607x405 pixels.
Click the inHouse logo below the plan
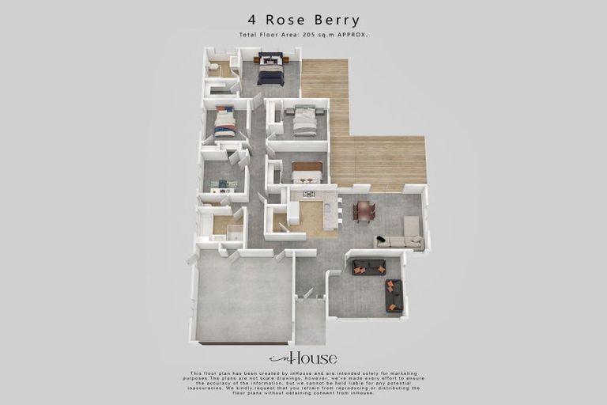coord(303,358)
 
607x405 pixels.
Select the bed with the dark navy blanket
coord(270,70)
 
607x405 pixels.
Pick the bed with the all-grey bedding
coord(305,123)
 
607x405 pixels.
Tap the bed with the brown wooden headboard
coord(307,172)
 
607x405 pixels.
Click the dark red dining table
coord(364,211)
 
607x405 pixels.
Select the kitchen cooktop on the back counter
coord(308,193)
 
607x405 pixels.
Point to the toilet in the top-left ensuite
coord(213,68)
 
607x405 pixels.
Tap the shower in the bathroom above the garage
coord(235,232)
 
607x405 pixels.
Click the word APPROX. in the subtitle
coord(353,36)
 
